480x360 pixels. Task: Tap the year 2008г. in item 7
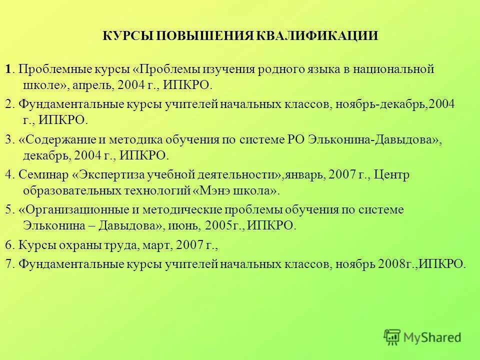395,264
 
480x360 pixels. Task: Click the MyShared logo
422,337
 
